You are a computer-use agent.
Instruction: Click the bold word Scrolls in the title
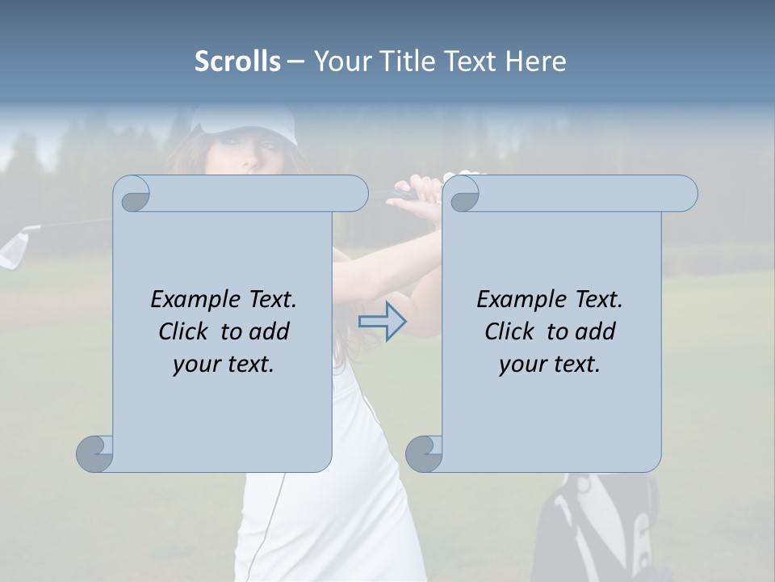(x=237, y=61)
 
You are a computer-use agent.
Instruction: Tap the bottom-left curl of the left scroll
(x=95, y=453)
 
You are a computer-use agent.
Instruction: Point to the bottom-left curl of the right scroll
(x=424, y=453)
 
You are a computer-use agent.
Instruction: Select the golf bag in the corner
(x=597, y=525)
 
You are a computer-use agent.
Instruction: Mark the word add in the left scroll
(x=269, y=331)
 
